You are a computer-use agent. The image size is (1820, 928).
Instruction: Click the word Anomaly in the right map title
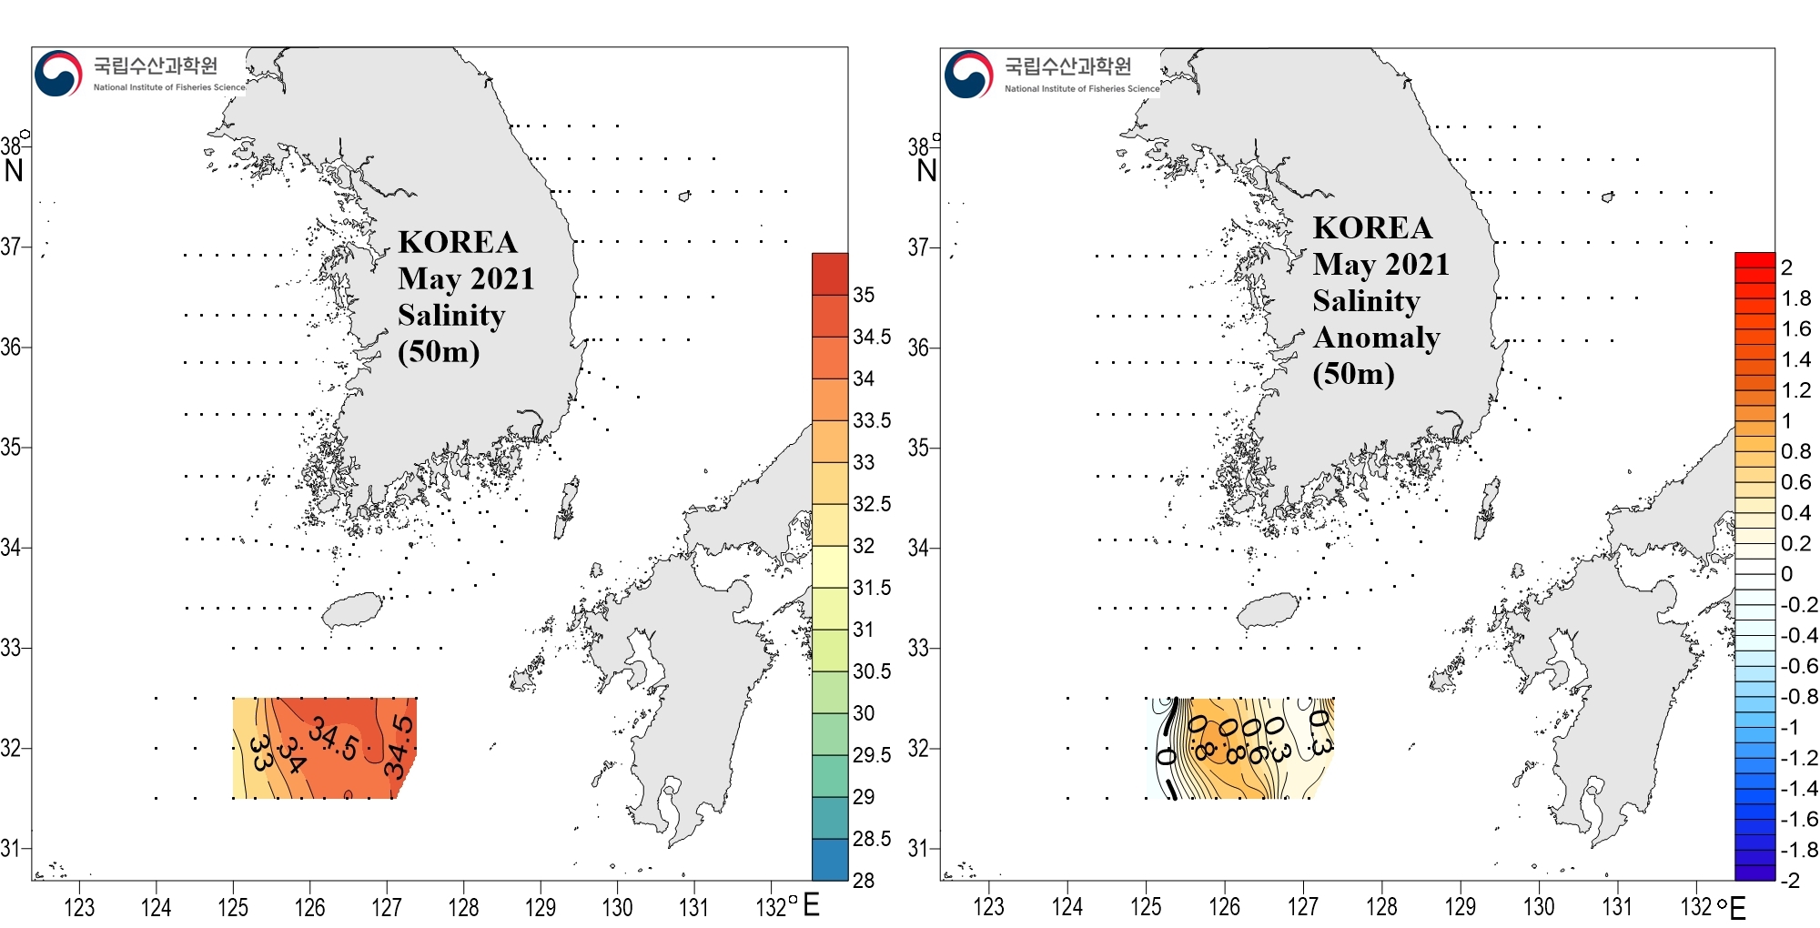1376,338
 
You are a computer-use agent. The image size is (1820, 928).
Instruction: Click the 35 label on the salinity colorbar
864,295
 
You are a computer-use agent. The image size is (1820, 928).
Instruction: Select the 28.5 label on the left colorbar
871,839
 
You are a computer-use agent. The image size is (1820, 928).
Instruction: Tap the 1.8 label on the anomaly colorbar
1796,298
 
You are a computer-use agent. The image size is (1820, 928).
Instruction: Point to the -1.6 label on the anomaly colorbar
1799,819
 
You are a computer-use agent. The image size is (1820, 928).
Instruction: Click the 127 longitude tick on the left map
387,907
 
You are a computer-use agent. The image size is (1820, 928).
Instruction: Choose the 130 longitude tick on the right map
1539,907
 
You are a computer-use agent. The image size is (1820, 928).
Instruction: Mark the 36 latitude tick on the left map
11,347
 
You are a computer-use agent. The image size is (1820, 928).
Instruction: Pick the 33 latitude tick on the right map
918,648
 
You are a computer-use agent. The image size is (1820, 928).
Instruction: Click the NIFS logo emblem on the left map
58,74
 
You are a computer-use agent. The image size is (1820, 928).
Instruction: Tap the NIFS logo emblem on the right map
968,75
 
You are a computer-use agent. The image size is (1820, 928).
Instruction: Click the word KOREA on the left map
458,242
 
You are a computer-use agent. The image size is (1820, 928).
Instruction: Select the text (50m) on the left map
439,351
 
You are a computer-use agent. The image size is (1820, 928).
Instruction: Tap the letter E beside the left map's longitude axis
812,905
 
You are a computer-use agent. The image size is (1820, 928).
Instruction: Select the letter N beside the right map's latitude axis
926,171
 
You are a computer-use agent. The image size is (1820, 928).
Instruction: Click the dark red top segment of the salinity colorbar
830,274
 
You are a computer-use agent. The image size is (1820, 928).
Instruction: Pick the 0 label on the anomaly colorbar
1787,574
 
